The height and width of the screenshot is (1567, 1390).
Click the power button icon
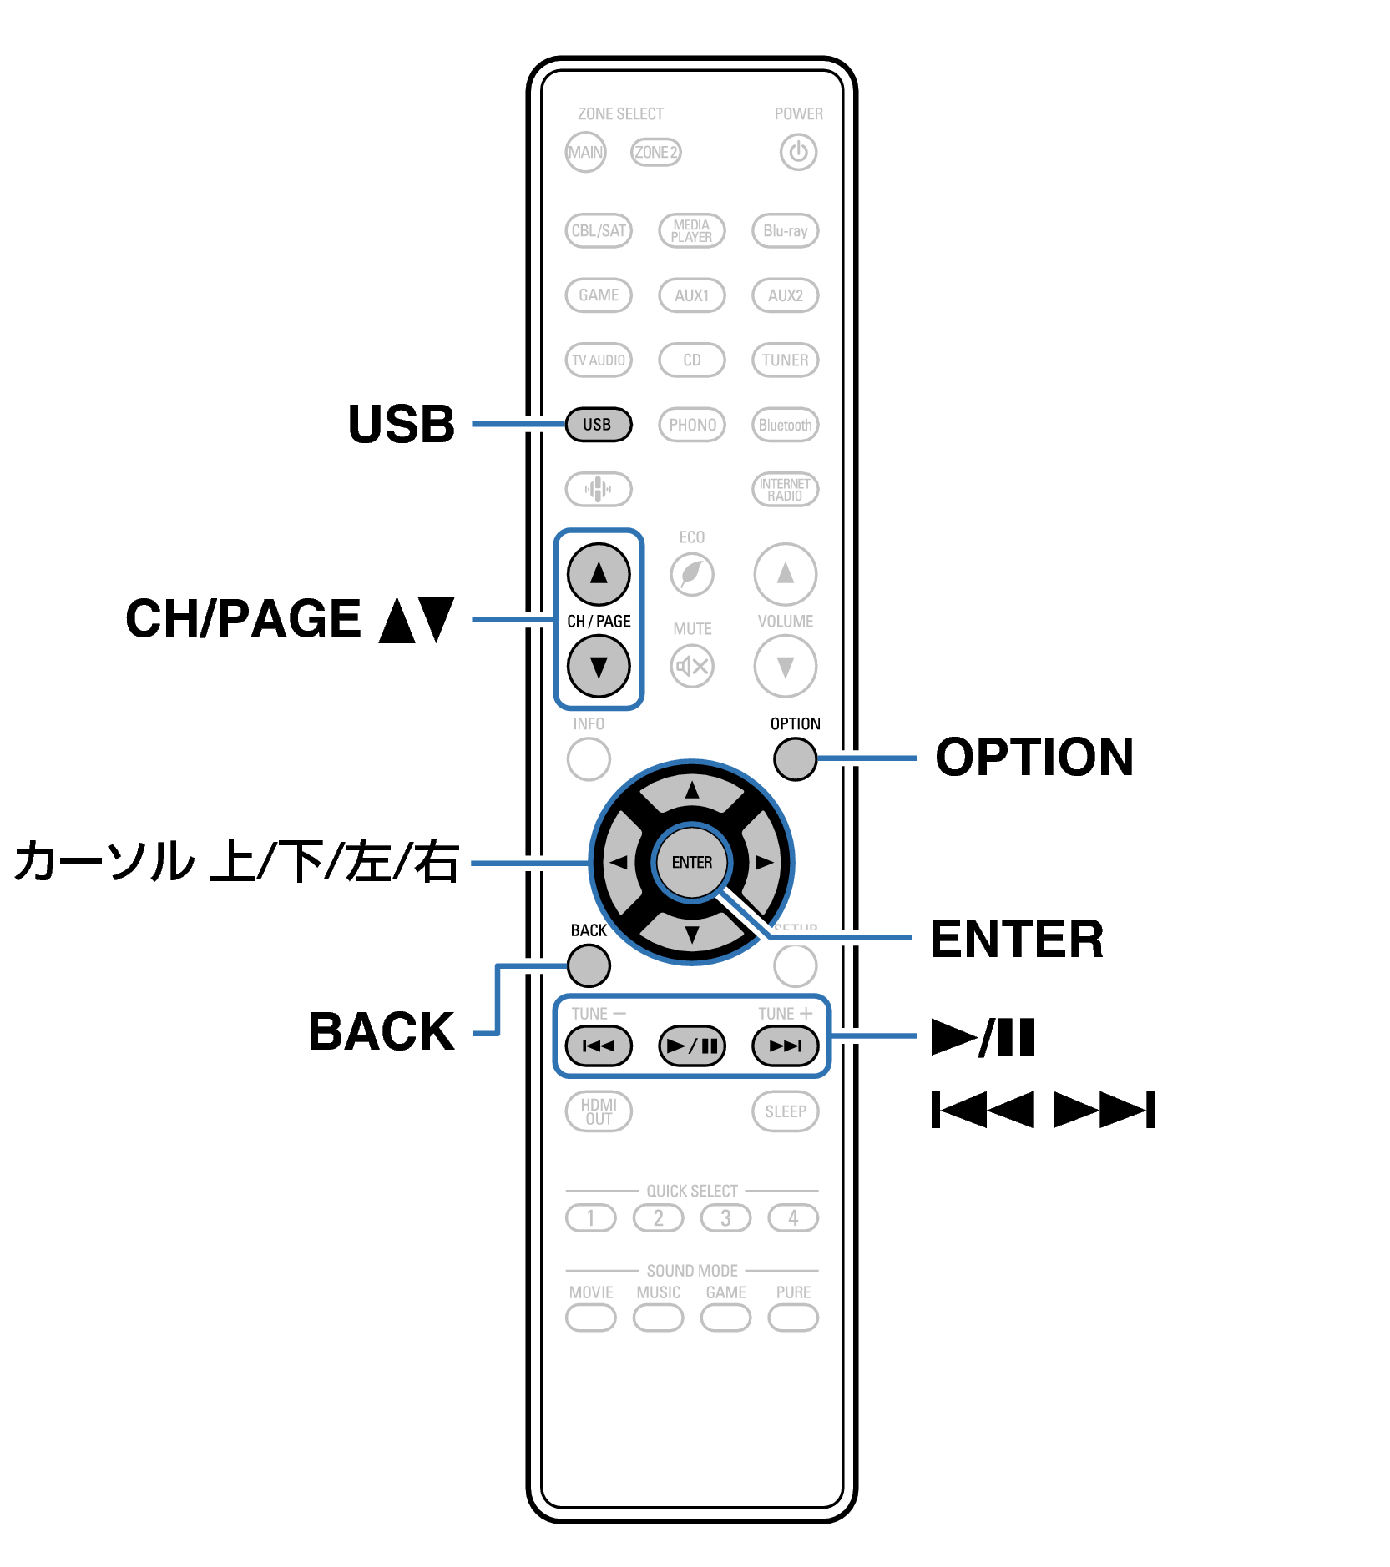pos(797,153)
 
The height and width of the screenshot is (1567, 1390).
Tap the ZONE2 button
pos(655,153)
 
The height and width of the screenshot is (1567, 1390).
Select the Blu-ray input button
pos(785,231)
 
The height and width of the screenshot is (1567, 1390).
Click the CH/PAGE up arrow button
pos(599,574)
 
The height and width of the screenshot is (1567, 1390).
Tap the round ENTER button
pos(691,862)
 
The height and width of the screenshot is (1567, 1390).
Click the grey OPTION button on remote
pos(794,759)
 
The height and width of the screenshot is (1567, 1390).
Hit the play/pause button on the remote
pos(691,1046)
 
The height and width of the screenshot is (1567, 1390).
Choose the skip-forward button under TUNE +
pos(785,1046)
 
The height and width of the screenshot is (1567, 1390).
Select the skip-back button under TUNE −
pos(599,1046)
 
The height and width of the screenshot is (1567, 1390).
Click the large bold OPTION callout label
pos(1034,758)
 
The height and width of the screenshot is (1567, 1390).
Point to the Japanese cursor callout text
pos(236,862)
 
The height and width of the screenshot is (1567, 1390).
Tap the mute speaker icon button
pos(691,666)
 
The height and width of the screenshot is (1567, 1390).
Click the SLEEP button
pos(785,1111)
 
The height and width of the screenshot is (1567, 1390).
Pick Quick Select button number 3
pos(725,1218)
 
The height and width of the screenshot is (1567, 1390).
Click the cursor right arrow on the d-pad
pos(763,862)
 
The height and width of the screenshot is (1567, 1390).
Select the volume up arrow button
pos(785,574)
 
